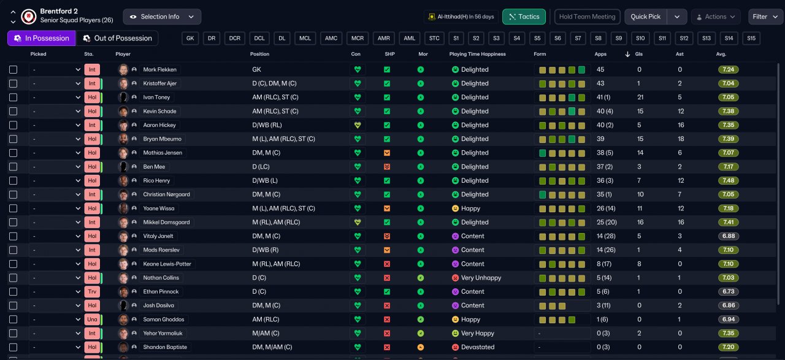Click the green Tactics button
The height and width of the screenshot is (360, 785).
524,17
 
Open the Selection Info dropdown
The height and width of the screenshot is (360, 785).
162,17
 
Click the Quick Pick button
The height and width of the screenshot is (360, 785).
646,17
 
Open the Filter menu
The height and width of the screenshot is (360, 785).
765,17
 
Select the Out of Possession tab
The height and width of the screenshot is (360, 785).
117,38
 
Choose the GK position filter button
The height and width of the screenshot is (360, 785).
190,38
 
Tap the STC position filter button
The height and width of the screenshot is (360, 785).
434,38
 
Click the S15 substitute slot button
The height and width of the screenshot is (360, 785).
751,38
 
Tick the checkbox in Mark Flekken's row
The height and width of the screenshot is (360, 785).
13,70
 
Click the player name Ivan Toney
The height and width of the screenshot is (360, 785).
156,97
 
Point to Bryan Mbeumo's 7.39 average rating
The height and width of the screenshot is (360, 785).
728,139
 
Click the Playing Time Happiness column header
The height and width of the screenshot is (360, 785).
477,54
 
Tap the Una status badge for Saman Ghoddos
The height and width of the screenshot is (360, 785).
92,320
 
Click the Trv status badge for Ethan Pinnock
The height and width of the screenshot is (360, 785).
92,292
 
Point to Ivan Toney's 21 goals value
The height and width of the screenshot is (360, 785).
640,97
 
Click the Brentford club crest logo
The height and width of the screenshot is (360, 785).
29,17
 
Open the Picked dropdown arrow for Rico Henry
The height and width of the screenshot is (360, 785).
78,180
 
